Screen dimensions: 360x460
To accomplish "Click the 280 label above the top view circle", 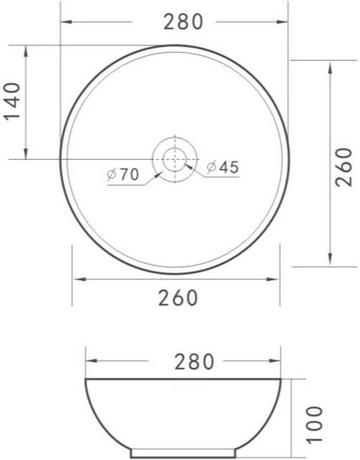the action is [x=183, y=22].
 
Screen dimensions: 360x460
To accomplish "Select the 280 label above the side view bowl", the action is [x=194, y=361].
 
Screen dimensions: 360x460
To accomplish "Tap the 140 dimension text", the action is [x=12, y=102].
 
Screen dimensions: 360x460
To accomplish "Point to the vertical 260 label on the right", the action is [x=344, y=167].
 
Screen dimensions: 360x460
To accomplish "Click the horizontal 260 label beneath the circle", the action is [x=178, y=298].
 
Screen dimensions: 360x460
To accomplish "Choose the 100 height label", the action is [x=314, y=424].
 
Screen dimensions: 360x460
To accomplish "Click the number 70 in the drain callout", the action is [x=129, y=175].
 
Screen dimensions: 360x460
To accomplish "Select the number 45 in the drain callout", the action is [x=229, y=167].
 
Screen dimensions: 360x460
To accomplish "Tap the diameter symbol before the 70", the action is [x=112, y=175].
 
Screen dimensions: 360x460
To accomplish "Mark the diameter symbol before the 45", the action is [x=212, y=167].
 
